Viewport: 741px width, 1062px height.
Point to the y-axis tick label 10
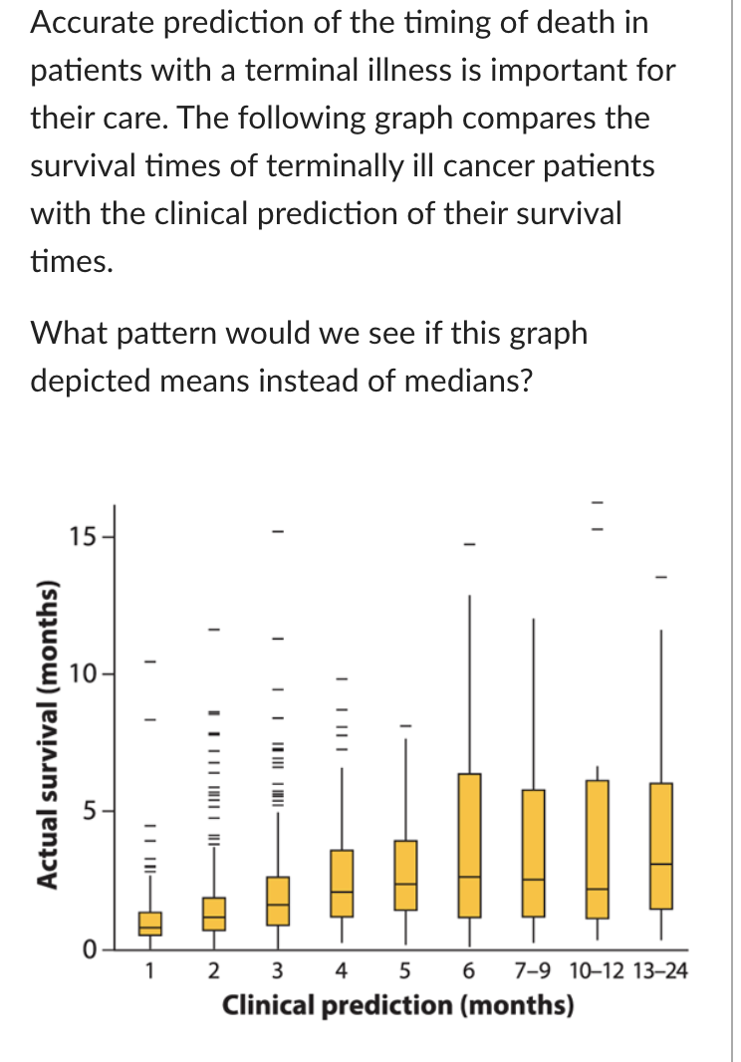pos(83,674)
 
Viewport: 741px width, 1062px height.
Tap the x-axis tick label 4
pos(342,971)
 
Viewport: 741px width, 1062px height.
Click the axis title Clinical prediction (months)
pos(398,1005)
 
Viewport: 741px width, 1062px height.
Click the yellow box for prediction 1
pos(150,924)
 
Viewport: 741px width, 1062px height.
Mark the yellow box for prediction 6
pos(469,845)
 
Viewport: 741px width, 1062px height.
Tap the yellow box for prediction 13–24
pos(660,846)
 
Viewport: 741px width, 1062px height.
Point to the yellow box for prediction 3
pos(278,901)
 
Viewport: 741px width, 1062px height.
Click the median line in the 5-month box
pos(405,884)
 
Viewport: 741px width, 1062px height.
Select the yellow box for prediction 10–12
pos(597,849)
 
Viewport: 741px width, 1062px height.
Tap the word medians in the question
pos(467,381)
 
